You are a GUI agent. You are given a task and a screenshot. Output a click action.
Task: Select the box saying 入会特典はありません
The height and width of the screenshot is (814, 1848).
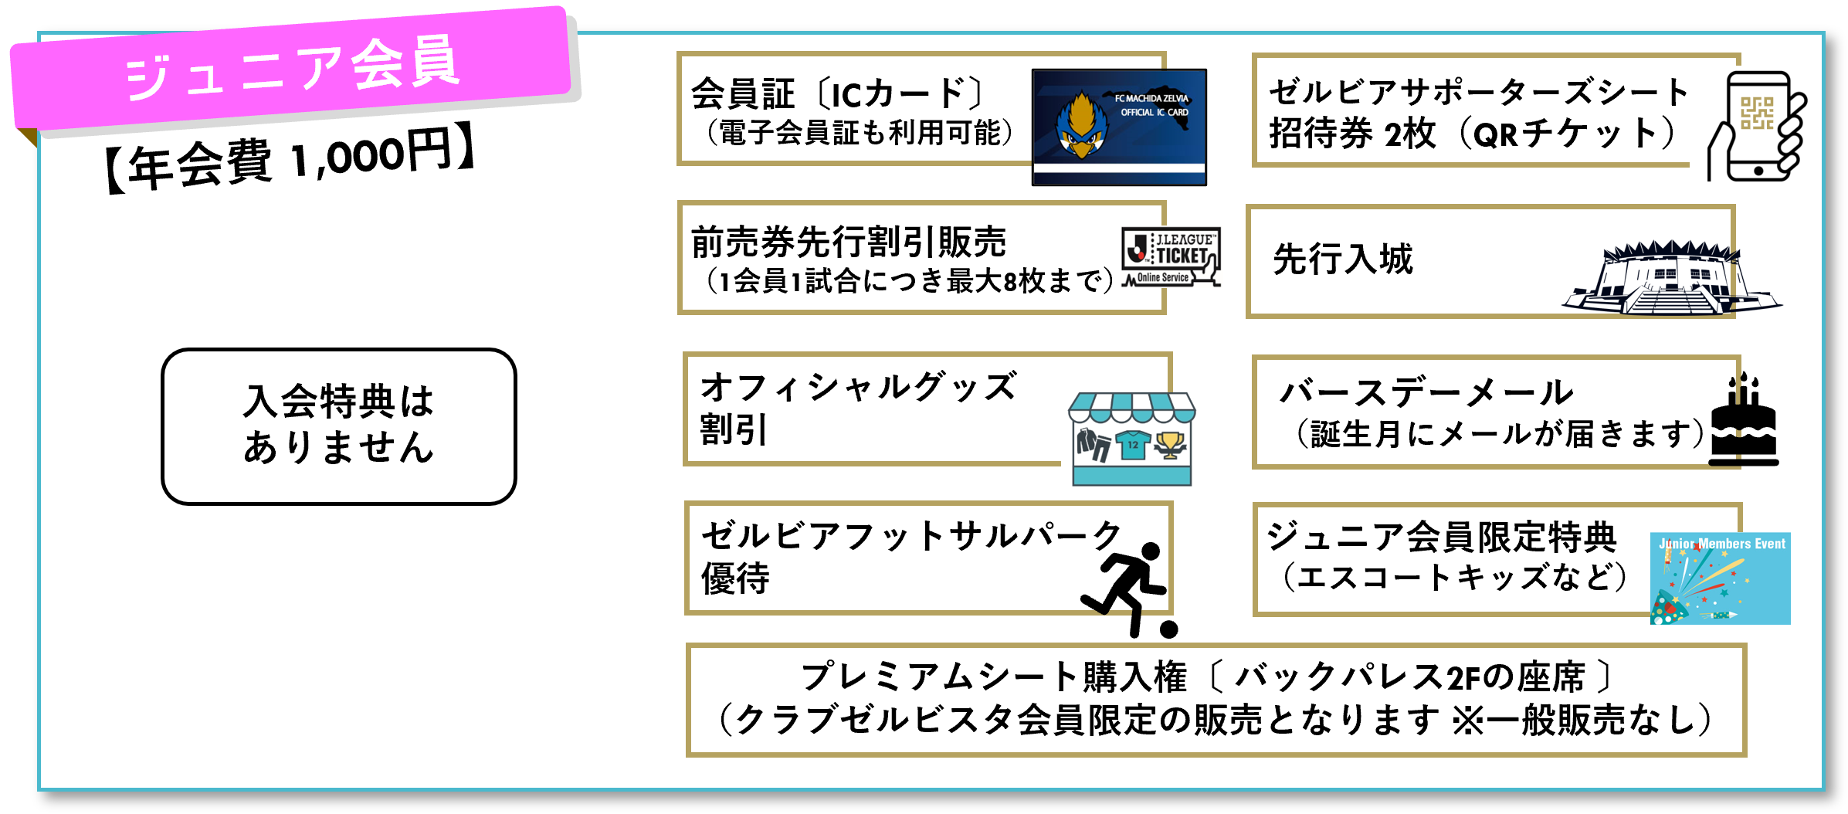(x=338, y=426)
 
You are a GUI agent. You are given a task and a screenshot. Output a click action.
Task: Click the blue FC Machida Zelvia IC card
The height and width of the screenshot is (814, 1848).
(x=1119, y=127)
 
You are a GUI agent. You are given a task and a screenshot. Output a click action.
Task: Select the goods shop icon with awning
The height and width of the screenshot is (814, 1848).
(x=1132, y=438)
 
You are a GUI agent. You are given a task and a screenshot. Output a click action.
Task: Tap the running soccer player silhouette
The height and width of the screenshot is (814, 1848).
(x=1124, y=583)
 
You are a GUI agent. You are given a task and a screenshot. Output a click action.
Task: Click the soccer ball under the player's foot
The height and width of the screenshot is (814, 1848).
(x=1168, y=629)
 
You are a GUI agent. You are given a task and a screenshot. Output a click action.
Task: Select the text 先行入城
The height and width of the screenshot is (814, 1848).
(x=1343, y=259)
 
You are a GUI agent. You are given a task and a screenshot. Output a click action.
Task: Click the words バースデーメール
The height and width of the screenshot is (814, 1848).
(x=1426, y=393)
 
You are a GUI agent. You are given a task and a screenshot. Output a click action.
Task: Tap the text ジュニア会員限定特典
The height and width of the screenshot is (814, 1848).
(x=1441, y=537)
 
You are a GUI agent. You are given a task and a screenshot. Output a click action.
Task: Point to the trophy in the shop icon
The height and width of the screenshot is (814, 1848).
(x=1171, y=445)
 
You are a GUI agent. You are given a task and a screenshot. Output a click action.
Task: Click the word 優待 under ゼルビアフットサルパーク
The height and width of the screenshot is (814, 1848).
(x=735, y=578)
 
